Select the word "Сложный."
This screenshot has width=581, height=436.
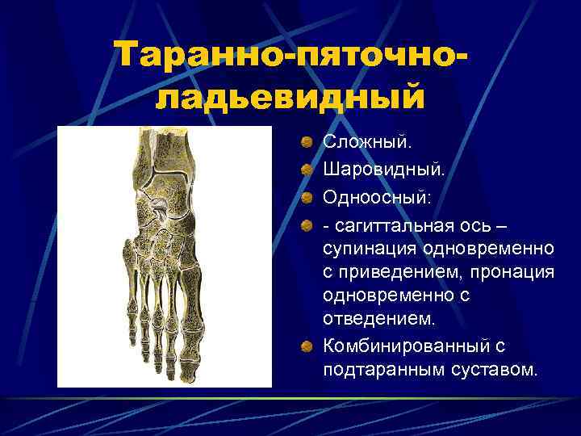point(366,141)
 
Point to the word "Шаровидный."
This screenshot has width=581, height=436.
point(383,170)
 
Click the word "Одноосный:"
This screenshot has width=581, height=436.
point(378,197)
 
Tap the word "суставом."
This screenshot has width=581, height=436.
point(496,371)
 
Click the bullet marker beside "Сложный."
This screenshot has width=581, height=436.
point(307,143)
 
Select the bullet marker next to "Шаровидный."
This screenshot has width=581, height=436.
point(307,170)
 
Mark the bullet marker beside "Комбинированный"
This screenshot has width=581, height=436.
point(307,347)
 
